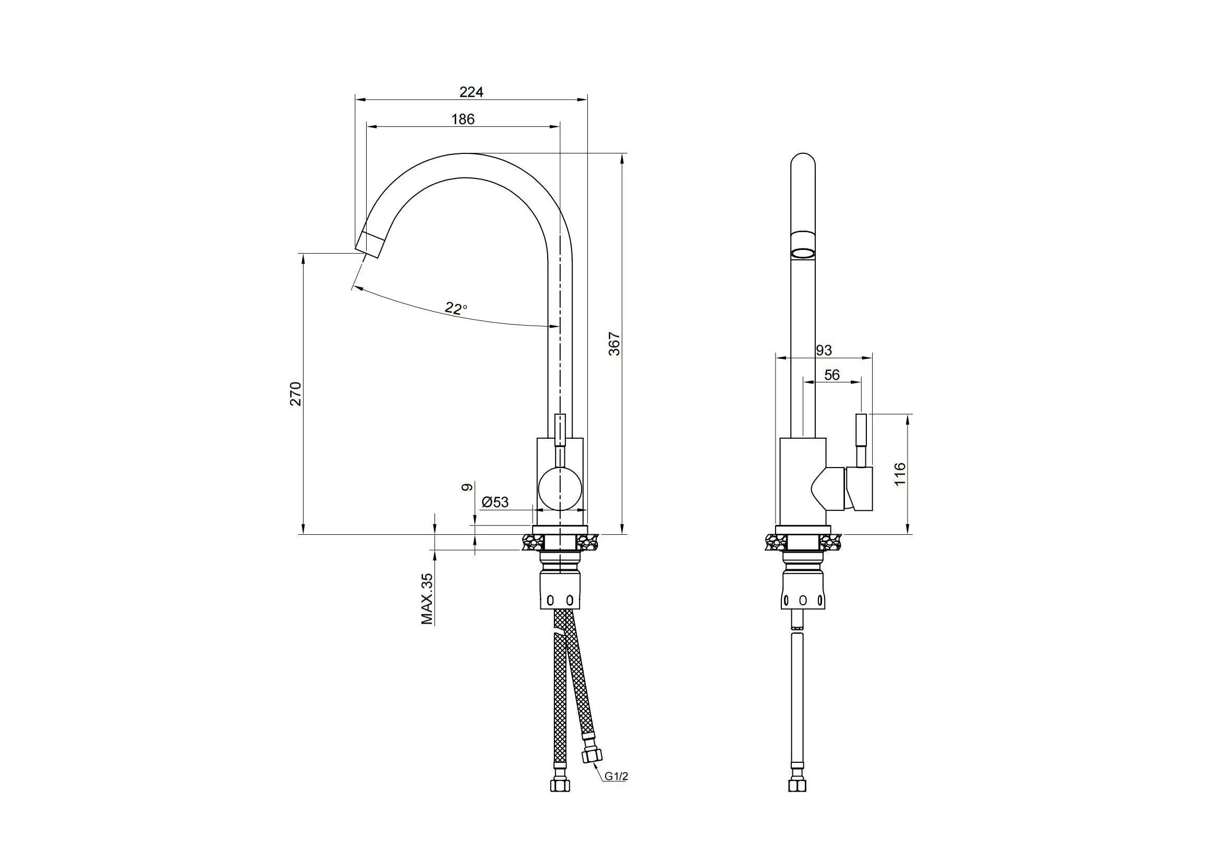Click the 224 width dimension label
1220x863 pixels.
point(471,92)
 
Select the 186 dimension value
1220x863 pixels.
point(462,119)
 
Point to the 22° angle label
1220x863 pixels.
point(456,309)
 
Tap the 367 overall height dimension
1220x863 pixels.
point(614,344)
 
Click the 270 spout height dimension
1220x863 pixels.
point(295,393)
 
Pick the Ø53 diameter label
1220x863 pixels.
point(494,502)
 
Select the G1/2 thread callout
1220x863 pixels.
point(616,776)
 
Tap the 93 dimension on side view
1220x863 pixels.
point(823,351)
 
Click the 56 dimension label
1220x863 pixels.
point(831,375)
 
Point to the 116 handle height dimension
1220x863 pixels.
point(900,473)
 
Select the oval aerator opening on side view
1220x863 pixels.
point(803,254)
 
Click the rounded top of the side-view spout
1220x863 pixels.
point(803,162)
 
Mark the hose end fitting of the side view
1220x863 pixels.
point(798,785)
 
